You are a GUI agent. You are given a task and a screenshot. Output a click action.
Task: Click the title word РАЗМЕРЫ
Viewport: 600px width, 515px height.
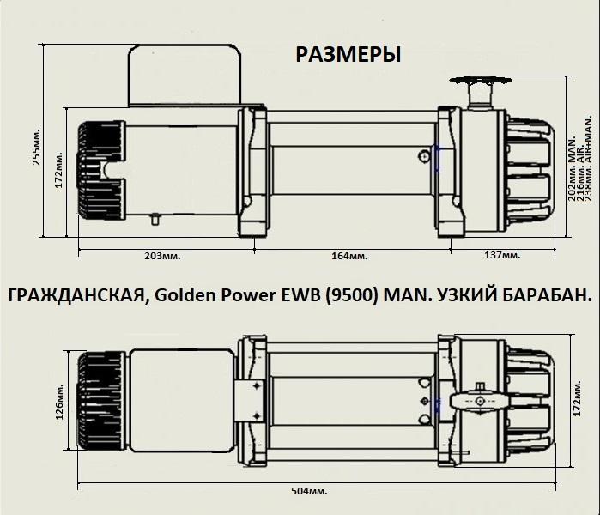348,55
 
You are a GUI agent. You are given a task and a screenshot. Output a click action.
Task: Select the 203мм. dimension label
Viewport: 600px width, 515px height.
164,256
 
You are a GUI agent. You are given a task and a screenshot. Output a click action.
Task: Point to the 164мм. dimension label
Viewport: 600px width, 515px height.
350,256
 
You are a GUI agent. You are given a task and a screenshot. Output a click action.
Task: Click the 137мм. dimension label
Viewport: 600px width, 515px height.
502,256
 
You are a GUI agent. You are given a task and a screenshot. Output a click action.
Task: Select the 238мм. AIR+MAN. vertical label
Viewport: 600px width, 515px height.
589,159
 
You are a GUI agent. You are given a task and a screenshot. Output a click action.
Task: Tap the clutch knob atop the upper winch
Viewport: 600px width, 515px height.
477,88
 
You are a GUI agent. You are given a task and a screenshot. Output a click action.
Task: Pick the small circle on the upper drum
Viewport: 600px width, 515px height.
424,156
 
